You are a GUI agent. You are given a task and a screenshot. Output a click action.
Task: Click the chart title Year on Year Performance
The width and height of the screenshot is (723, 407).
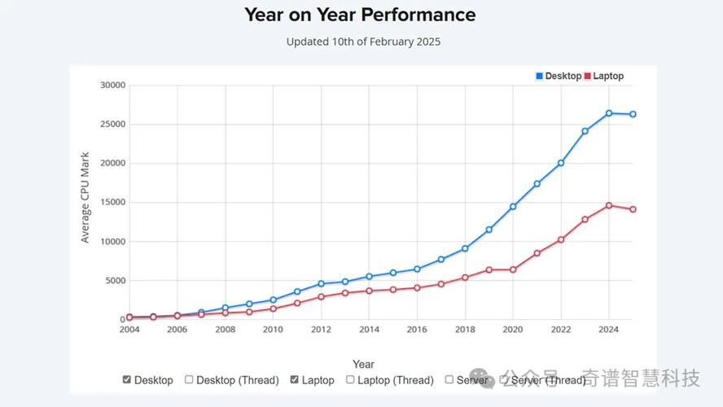click(360, 15)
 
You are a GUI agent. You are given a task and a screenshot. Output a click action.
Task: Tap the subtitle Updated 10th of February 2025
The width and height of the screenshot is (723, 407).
click(363, 42)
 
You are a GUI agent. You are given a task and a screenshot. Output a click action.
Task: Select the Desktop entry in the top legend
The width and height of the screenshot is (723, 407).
click(559, 76)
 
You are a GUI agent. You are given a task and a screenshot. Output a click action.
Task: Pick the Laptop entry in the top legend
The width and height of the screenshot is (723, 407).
click(603, 76)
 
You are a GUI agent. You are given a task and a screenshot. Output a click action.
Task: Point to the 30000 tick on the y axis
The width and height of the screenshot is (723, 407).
click(112, 85)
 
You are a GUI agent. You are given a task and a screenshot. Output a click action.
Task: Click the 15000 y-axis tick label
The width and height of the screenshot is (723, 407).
click(112, 203)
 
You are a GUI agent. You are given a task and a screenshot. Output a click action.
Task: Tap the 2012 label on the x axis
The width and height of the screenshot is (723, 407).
click(321, 330)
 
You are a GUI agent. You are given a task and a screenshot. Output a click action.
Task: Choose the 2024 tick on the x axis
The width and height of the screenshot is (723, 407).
click(609, 330)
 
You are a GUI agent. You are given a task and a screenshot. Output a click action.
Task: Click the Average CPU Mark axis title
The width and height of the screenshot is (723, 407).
click(85, 197)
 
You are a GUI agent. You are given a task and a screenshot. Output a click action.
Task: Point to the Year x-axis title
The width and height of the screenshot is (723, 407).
click(363, 364)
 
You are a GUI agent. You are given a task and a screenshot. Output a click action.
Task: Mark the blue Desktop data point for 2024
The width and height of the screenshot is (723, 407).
click(609, 113)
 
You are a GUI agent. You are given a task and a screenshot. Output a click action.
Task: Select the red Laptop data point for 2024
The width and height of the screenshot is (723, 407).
click(609, 206)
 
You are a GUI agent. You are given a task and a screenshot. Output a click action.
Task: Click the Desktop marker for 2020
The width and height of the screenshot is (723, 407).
click(513, 207)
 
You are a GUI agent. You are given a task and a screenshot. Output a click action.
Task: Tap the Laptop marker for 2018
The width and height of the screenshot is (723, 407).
click(465, 278)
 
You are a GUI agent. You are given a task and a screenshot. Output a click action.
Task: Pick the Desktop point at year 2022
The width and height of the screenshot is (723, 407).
click(561, 163)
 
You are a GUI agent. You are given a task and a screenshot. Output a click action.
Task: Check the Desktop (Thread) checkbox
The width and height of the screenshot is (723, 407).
click(189, 379)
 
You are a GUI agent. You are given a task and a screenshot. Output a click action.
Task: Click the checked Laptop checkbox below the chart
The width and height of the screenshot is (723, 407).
click(294, 379)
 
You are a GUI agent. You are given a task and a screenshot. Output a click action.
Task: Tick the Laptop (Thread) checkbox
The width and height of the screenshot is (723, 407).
click(350, 379)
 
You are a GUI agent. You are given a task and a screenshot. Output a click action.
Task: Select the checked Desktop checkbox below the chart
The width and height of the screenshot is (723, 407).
click(126, 379)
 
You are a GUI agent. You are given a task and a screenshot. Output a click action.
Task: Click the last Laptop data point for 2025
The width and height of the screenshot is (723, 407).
click(633, 209)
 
